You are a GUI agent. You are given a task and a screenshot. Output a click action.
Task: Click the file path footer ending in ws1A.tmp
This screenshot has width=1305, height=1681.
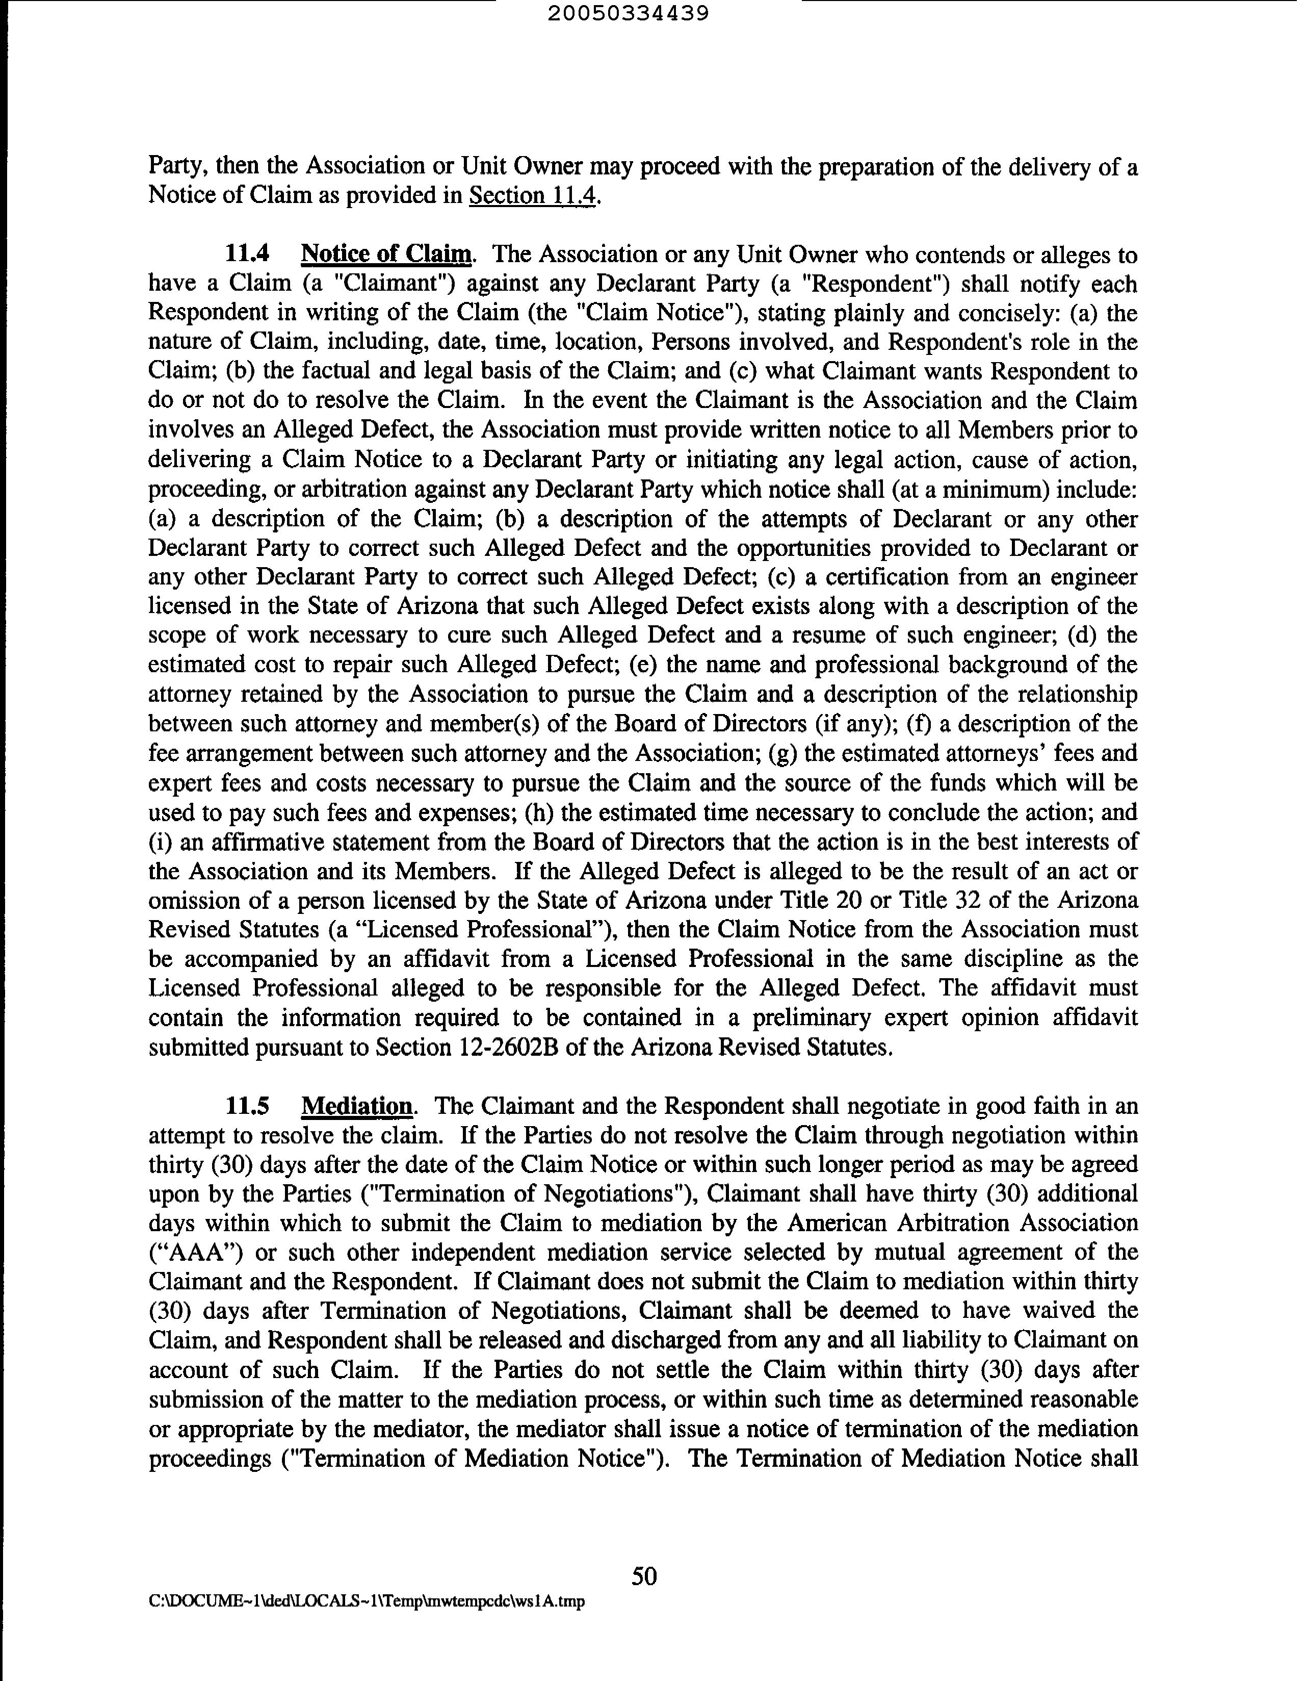pyautogui.click(x=366, y=1602)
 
